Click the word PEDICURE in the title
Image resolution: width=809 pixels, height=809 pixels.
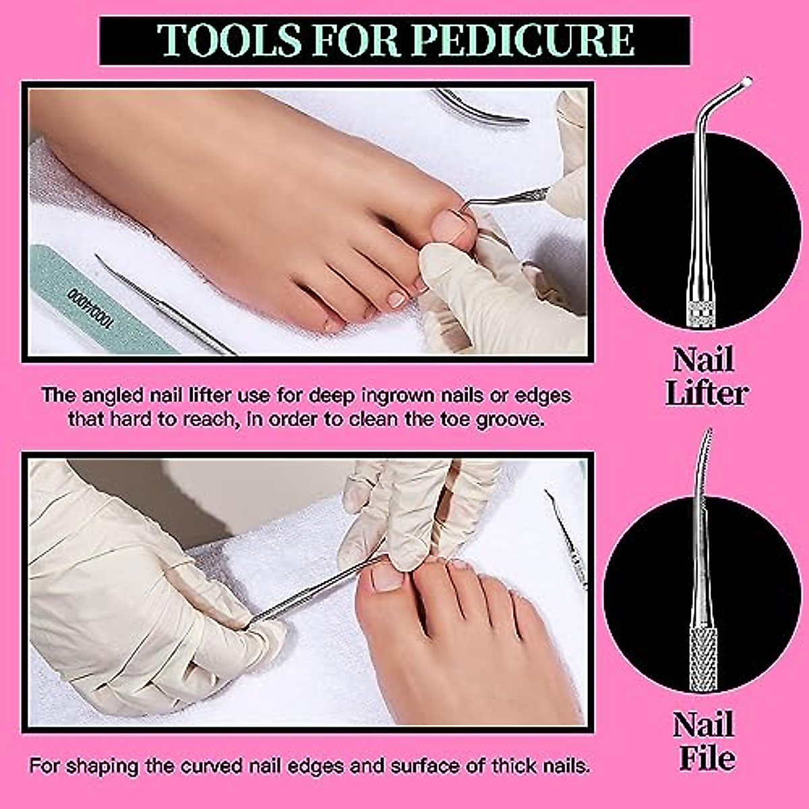pyautogui.click(x=523, y=40)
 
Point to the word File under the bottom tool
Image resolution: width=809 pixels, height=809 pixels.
pyautogui.click(x=706, y=758)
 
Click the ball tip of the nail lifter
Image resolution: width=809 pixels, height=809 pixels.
pyautogui.click(x=746, y=82)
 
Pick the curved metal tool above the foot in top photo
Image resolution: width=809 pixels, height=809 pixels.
pyautogui.click(x=482, y=109)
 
